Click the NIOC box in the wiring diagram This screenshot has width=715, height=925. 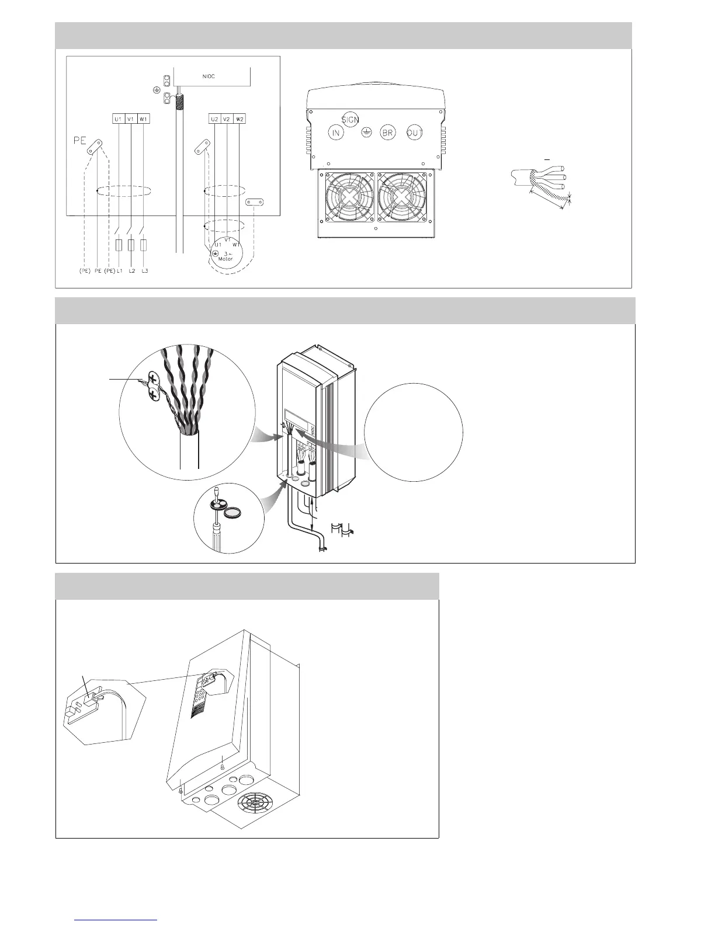tap(212, 76)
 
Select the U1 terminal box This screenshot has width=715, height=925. tap(118, 119)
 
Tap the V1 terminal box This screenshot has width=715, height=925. tap(131, 119)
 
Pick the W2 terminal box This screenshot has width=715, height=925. tap(240, 119)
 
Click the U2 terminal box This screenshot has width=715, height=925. tap(215, 119)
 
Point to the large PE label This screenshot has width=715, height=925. tap(79, 140)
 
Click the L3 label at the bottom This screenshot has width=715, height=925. tap(144, 272)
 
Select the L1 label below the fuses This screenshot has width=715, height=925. tap(119, 272)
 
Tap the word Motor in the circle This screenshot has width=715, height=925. tap(225, 259)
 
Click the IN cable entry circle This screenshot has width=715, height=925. tap(336, 133)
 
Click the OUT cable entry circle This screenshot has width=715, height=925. tap(415, 133)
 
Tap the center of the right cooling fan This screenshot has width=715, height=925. tap(404, 198)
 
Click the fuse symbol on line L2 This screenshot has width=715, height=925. tap(131, 245)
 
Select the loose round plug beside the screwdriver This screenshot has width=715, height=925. tap(234, 513)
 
